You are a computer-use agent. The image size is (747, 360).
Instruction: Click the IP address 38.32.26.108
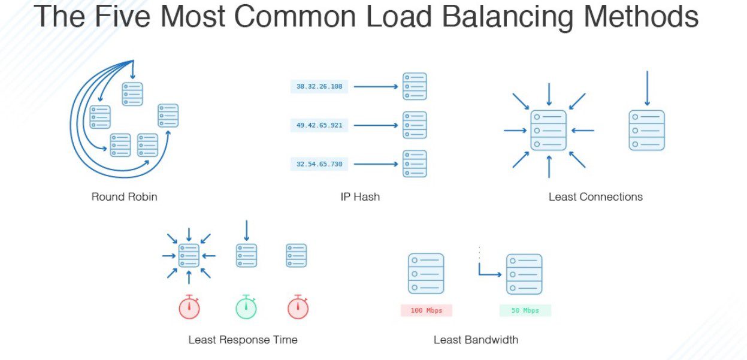(319, 86)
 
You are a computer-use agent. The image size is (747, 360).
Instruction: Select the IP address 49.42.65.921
(319, 125)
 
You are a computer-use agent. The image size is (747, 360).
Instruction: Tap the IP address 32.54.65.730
(319, 164)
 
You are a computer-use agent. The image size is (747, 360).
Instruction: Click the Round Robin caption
(124, 196)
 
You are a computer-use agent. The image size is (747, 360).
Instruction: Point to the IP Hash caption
(359, 196)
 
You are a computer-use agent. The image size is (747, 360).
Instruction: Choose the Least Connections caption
(595, 196)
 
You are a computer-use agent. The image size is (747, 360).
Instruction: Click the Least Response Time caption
(243, 340)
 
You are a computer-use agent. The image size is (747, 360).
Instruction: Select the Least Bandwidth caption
(476, 340)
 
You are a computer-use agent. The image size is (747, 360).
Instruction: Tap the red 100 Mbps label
(426, 310)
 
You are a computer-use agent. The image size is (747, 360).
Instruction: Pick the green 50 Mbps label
(525, 310)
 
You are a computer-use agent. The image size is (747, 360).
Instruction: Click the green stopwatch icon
(246, 307)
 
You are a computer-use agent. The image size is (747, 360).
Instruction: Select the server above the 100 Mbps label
(426, 274)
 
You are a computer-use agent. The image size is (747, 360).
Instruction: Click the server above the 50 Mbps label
(524, 274)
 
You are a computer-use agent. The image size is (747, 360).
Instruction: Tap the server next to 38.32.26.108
(415, 86)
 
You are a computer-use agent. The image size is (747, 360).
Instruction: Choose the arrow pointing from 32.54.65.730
(376, 164)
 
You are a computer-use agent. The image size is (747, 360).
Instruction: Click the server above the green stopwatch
(246, 255)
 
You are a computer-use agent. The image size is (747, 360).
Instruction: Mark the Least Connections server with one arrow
(646, 130)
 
